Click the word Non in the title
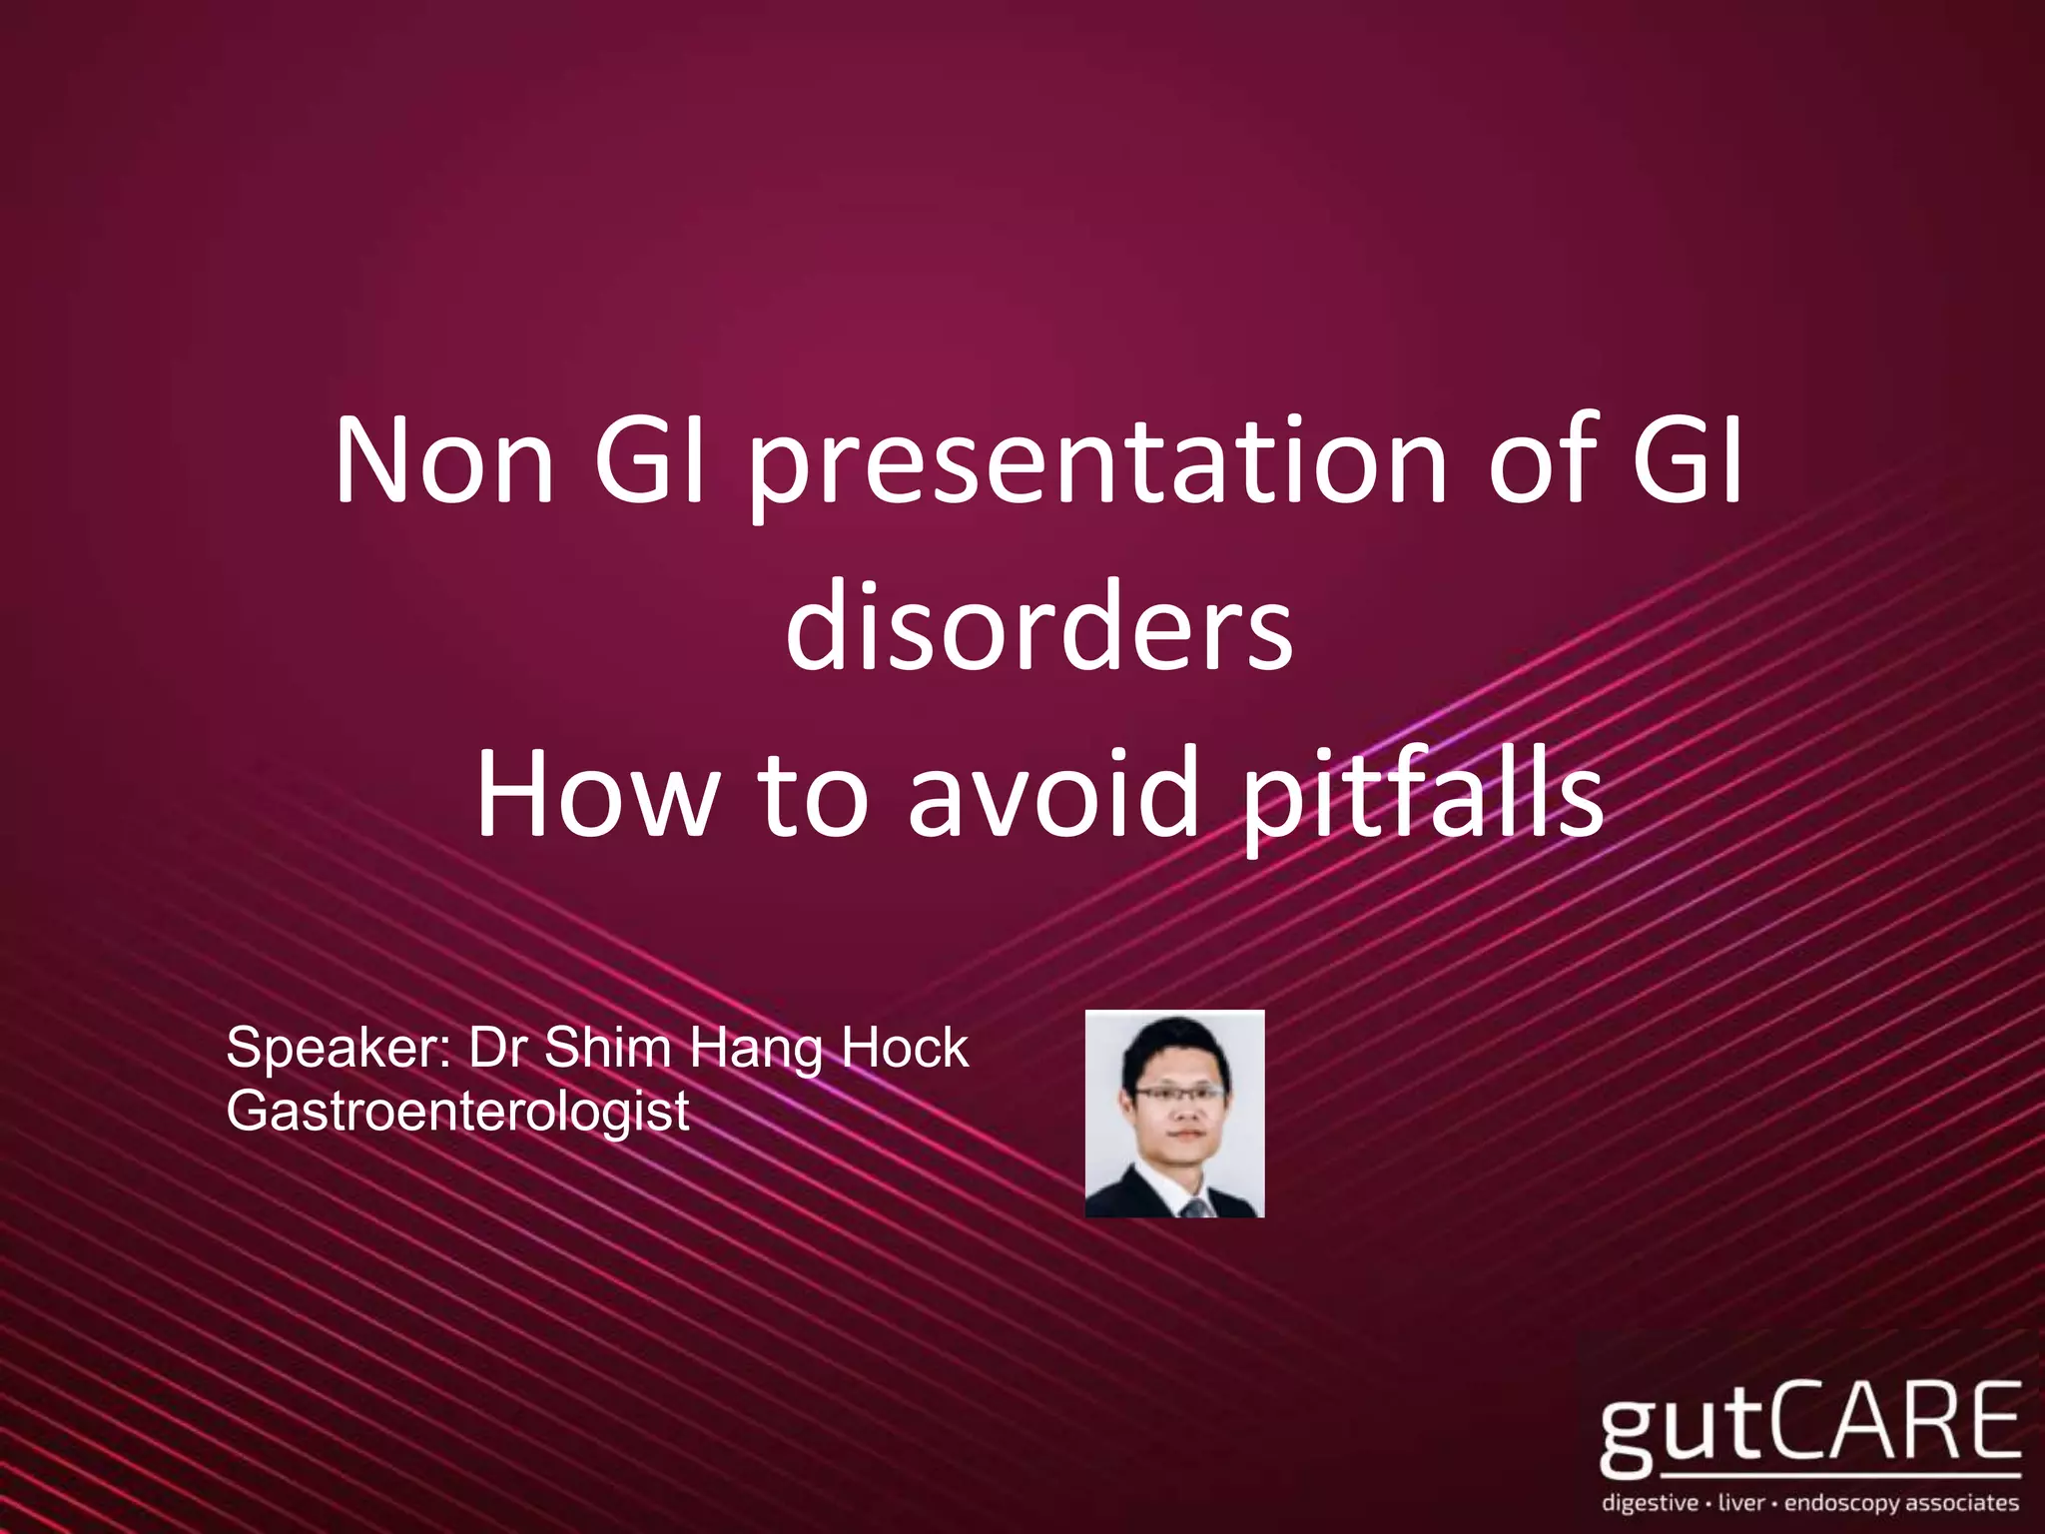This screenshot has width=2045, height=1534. pyautogui.click(x=444, y=462)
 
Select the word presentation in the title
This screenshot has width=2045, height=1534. pyautogui.click(x=1098, y=467)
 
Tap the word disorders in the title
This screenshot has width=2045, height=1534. pyautogui.click(x=1038, y=629)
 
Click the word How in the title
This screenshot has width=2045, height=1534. pyautogui.click(x=597, y=796)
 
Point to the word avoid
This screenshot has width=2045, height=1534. pyautogui.click(x=1053, y=796)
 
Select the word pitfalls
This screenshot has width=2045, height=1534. pyautogui.click(x=1422, y=799)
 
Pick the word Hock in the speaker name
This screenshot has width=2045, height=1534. pyautogui.click(x=904, y=1048)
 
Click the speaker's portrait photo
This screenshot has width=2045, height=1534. pyautogui.click(x=1174, y=1113)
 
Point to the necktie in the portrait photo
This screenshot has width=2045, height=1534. pyautogui.click(x=1194, y=1207)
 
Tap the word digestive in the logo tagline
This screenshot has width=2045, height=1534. pyautogui.click(x=1649, y=1503)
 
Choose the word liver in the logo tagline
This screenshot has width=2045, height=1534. pyautogui.click(x=1741, y=1502)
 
